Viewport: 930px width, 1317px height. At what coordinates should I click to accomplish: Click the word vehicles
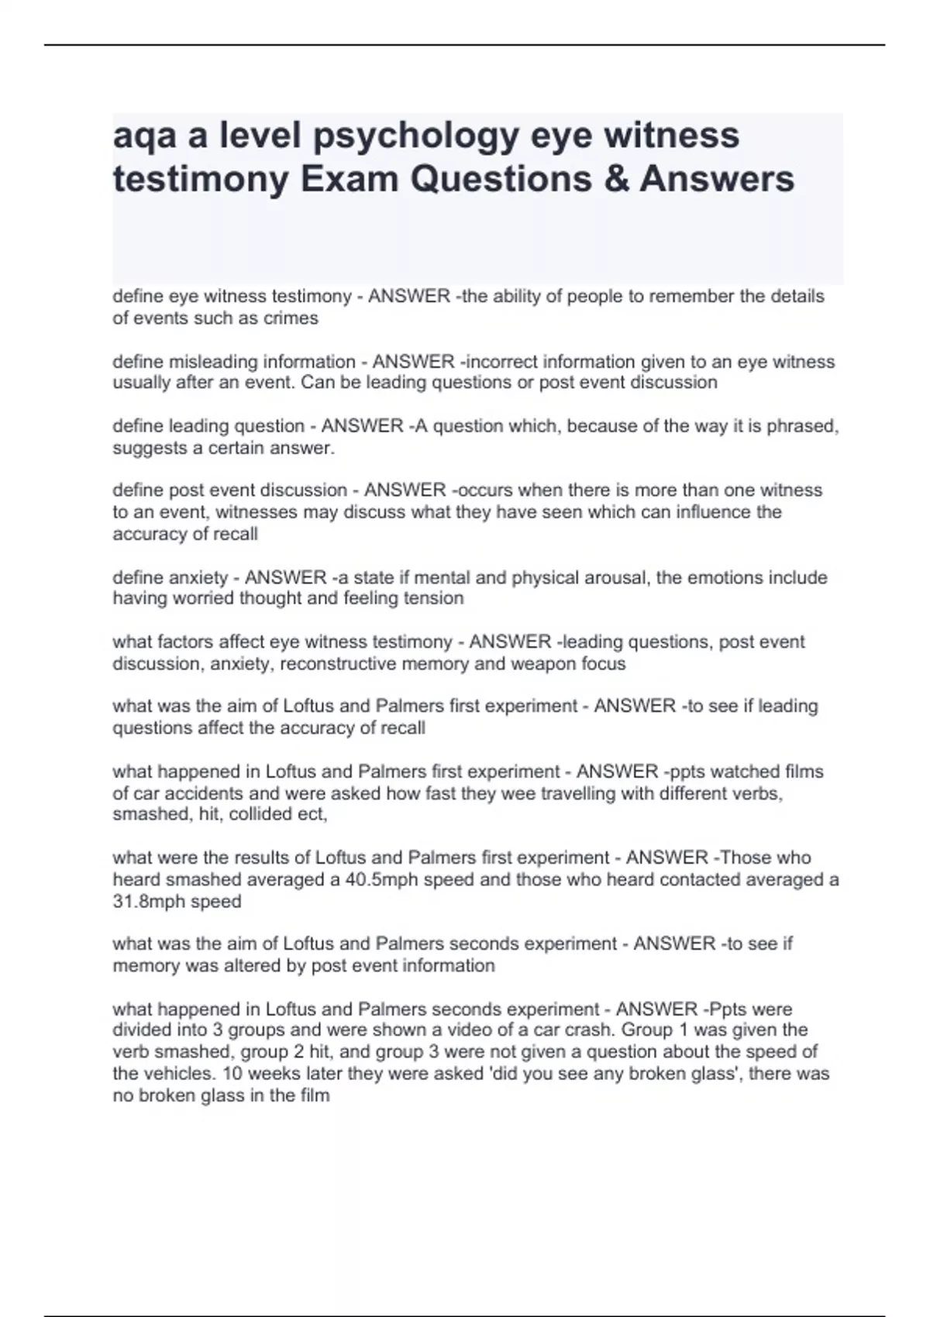pos(179,1074)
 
